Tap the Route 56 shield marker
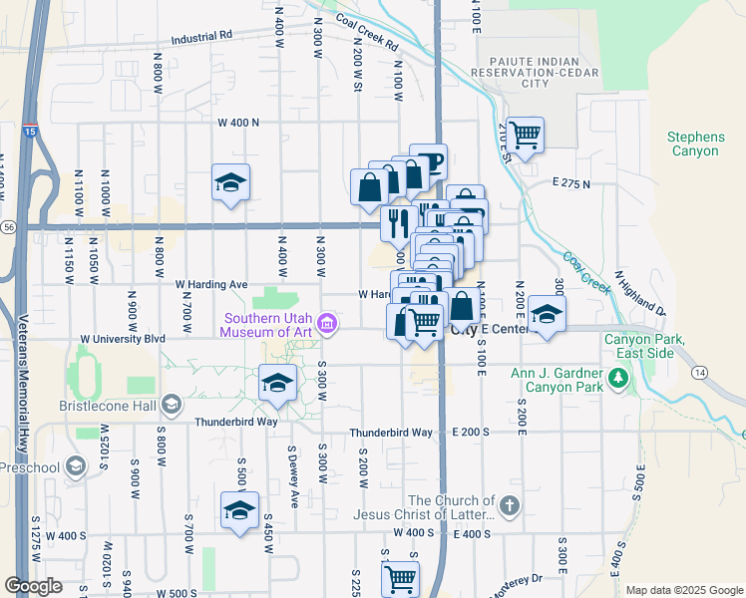[x=7, y=227]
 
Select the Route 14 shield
[x=699, y=371]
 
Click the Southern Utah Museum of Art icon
[x=326, y=323]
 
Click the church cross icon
[x=510, y=506]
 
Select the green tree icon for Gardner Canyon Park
[x=618, y=378]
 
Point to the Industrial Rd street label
[x=200, y=36]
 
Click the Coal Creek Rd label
[x=368, y=33]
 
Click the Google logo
[x=33, y=586]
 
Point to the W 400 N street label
[x=237, y=123]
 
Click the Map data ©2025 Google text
[x=683, y=590]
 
